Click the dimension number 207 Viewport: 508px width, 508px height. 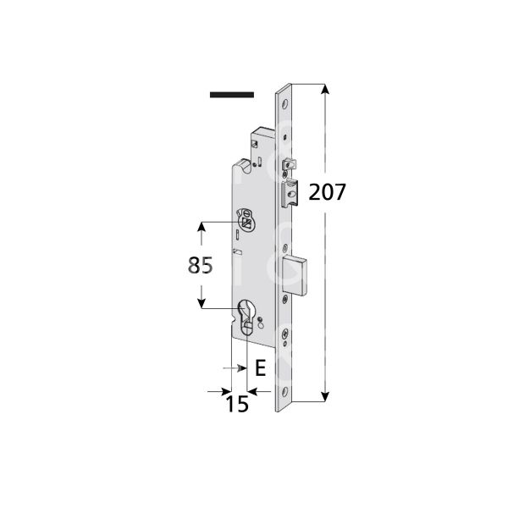coord(327,191)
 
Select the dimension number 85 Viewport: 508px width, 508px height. coord(199,265)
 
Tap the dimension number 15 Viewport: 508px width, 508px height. coord(238,405)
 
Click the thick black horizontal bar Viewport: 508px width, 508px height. coord(231,95)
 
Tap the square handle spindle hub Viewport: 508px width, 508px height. coord(246,224)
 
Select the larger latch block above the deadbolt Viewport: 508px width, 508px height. coord(291,193)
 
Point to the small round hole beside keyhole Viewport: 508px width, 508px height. coord(261,321)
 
